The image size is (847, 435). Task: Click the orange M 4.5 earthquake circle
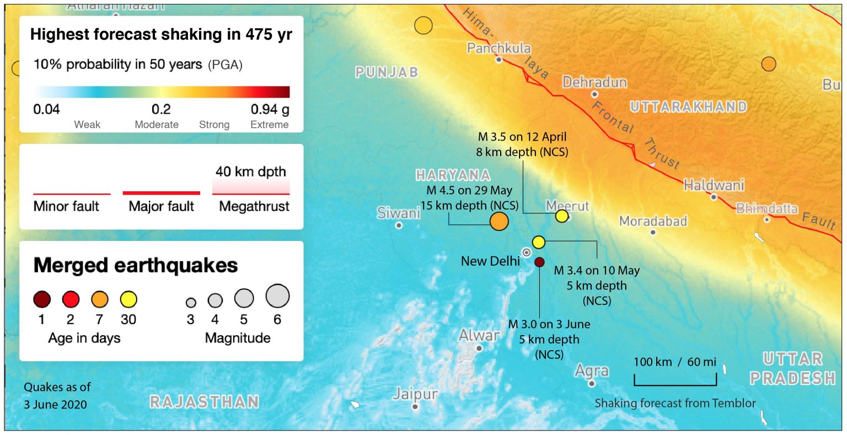[x=499, y=221]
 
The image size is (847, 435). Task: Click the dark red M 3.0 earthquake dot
[x=539, y=262]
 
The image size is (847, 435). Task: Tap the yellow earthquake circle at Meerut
[x=562, y=216]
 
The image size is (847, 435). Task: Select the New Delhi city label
[x=490, y=261]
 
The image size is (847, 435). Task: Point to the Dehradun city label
[x=594, y=83]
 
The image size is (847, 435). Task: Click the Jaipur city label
[x=415, y=394]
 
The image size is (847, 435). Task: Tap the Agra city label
[x=592, y=371]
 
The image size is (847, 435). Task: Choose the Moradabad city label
[x=653, y=221]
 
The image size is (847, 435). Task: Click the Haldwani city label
[x=714, y=185]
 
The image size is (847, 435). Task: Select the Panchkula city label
[x=498, y=48]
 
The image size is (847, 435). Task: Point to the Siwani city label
[x=398, y=213]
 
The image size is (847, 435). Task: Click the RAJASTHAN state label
[x=204, y=401]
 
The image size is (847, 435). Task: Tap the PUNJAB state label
[x=387, y=72]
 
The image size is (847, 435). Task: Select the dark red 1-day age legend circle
[x=42, y=299]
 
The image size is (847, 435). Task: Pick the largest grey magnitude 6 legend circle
[x=277, y=296]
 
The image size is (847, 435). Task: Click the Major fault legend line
[x=161, y=193]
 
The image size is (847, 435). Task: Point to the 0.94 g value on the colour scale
[x=270, y=109]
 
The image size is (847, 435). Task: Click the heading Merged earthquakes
[x=136, y=265]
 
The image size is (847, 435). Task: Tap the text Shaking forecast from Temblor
[x=675, y=403]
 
